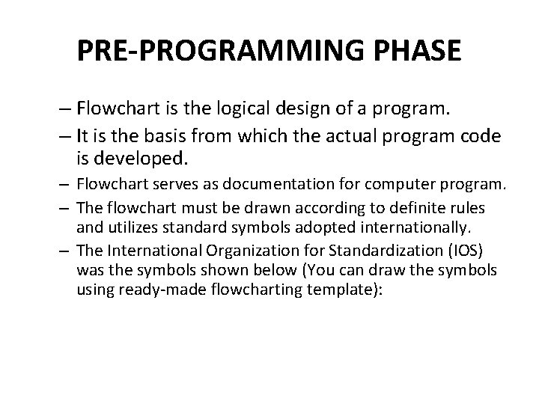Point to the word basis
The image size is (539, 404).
point(152,135)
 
